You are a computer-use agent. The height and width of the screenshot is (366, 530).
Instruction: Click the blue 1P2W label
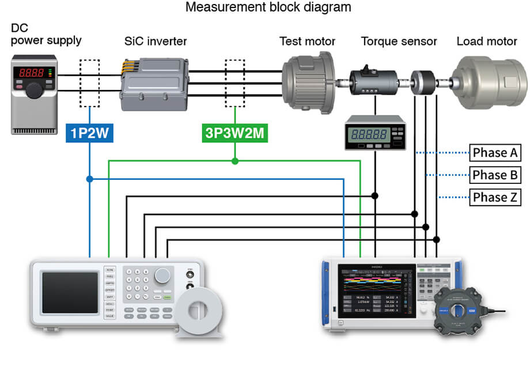(90, 134)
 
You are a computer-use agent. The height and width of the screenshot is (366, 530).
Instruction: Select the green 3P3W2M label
(234, 134)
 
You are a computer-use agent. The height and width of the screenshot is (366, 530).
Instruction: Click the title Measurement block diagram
(268, 8)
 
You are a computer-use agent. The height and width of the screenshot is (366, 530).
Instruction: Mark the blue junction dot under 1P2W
(90, 179)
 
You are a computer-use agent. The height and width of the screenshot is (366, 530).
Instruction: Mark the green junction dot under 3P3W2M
(234, 161)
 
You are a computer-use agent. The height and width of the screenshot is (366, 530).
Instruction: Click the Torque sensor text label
(399, 41)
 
